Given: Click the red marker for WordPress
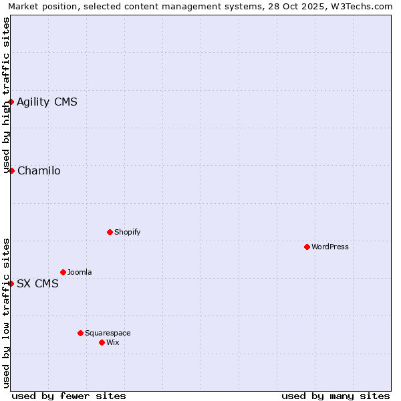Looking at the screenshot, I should pyautogui.click(x=307, y=247).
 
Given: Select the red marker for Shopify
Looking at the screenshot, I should pyautogui.click(x=110, y=232).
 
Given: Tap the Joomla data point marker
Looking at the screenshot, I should pyautogui.click(x=63, y=272).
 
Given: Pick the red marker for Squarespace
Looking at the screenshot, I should pyautogui.click(x=80, y=333).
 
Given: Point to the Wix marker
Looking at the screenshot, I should pyautogui.click(x=102, y=342).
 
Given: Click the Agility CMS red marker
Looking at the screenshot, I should pyautogui.click(x=11, y=102).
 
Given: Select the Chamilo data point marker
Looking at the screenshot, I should pyautogui.click(x=11, y=170).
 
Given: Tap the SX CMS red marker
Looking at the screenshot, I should pyautogui.click(x=11, y=283).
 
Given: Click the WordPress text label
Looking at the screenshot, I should pyautogui.click(x=330, y=247).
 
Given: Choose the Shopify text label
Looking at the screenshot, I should pyautogui.click(x=128, y=232).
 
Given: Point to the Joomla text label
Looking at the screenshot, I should pyautogui.click(x=80, y=272).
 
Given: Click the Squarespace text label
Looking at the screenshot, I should pyautogui.click(x=108, y=333).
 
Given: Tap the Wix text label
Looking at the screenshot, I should pyautogui.click(x=113, y=342).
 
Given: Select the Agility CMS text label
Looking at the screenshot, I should pyautogui.click(x=47, y=102).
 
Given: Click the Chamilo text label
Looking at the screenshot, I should pyautogui.click(x=39, y=170).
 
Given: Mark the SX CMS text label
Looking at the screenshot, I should pyautogui.click(x=37, y=283).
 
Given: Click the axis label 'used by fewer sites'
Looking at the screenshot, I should pyautogui.click(x=69, y=396).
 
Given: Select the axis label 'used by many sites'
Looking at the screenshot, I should pyautogui.click(x=336, y=396).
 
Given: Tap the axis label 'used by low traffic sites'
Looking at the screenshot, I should pyautogui.click(x=6, y=313).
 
